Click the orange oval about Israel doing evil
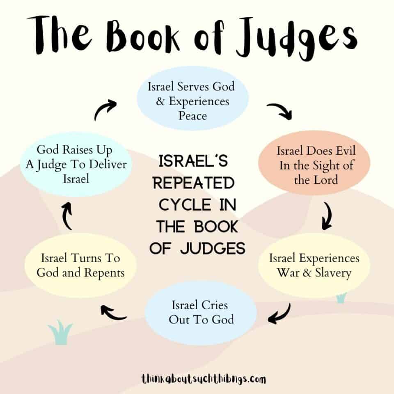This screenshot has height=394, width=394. (x=314, y=163)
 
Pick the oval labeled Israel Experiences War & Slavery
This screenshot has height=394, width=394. (x=314, y=266)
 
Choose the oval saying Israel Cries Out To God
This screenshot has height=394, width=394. (x=201, y=313)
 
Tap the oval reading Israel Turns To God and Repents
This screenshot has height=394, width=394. (x=80, y=266)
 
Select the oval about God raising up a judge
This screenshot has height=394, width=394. (x=76, y=164)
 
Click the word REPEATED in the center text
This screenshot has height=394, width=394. (x=194, y=183)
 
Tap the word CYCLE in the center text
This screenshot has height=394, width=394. (x=185, y=205)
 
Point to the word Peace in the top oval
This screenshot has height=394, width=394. (x=193, y=116)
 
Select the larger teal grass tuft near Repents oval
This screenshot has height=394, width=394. (x=60, y=332)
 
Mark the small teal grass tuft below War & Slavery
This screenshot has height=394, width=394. (x=341, y=298)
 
